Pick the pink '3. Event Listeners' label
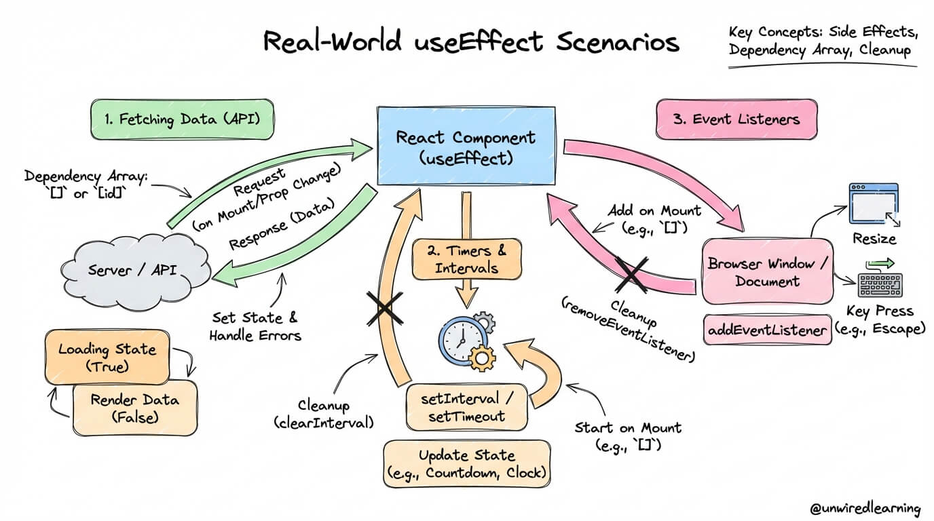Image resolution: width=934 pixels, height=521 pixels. coord(736,119)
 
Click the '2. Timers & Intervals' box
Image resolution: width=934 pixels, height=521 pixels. coord(466,258)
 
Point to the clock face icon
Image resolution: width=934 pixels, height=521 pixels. coord(460,335)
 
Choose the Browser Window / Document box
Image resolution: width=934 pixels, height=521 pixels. coord(766,271)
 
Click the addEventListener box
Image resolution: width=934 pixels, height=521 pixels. coord(768,330)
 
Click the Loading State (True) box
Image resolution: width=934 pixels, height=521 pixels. coord(107,358)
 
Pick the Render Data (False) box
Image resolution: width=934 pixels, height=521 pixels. coord(134,408)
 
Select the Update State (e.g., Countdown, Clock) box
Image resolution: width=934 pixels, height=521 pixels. coord(466,464)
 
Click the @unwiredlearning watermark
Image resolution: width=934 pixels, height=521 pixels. coord(865,508)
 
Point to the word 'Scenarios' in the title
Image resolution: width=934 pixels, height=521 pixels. coord(617,42)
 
